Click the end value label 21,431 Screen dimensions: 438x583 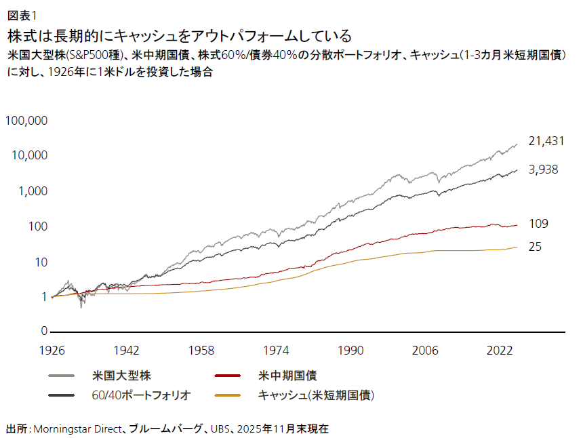[546, 141]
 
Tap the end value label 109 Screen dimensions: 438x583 [538, 224]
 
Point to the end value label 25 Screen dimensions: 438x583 [534, 247]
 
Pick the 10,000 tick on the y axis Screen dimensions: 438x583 [28, 156]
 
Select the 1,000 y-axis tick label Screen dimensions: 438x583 [31, 191]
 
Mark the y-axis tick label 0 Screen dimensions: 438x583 [43, 332]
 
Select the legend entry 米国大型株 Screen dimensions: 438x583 [120, 375]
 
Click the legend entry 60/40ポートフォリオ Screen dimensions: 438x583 [141, 395]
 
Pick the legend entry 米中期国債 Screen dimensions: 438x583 [288, 375]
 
